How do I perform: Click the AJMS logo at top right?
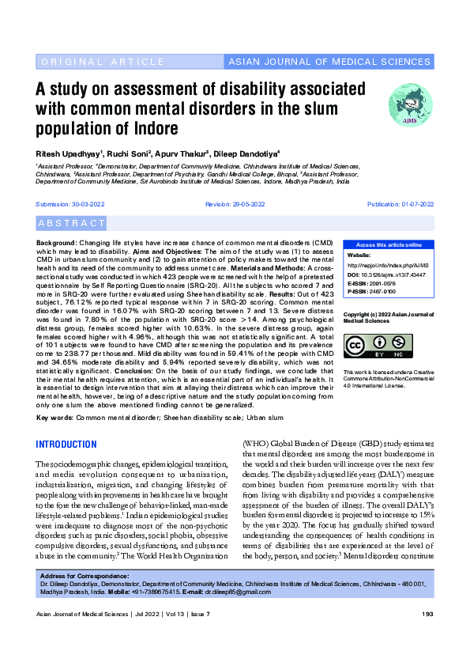411,106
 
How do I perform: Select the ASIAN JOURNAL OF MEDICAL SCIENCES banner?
329,62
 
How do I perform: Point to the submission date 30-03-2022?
81,204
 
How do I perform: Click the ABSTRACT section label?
71,224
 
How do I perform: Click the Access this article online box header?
389,245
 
